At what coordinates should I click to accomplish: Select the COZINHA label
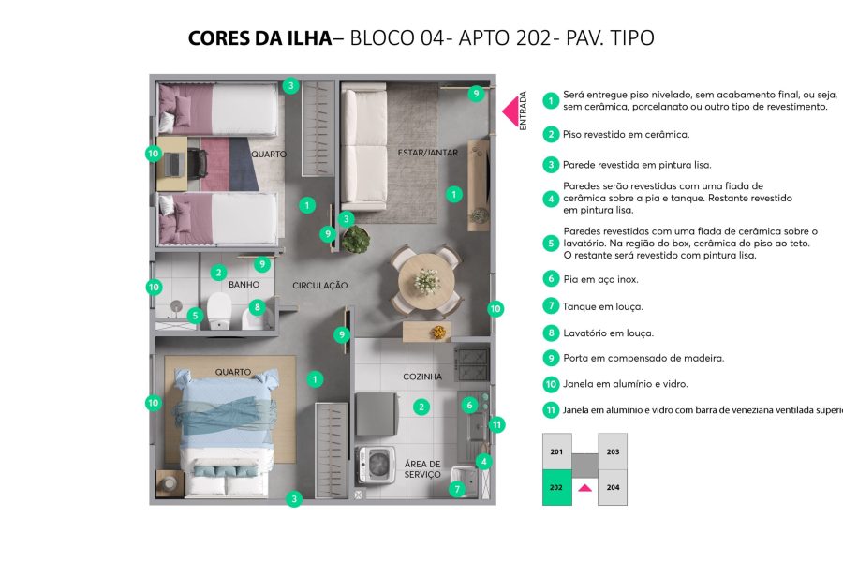[422, 377]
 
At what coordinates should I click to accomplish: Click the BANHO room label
[244, 284]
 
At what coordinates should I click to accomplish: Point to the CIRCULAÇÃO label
[319, 286]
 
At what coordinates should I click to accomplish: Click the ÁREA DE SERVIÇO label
[422, 469]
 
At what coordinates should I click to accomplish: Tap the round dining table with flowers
[426, 278]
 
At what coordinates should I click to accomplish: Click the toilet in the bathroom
[220, 310]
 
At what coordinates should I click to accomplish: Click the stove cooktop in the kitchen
[471, 362]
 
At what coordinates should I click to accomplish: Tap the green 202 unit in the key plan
[556, 487]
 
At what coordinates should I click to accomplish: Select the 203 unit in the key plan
[613, 451]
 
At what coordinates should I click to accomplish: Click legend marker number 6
[552, 279]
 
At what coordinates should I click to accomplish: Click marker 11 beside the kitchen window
[497, 424]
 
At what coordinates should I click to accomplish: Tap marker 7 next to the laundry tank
[457, 489]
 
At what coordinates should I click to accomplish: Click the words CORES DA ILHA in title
[259, 38]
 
